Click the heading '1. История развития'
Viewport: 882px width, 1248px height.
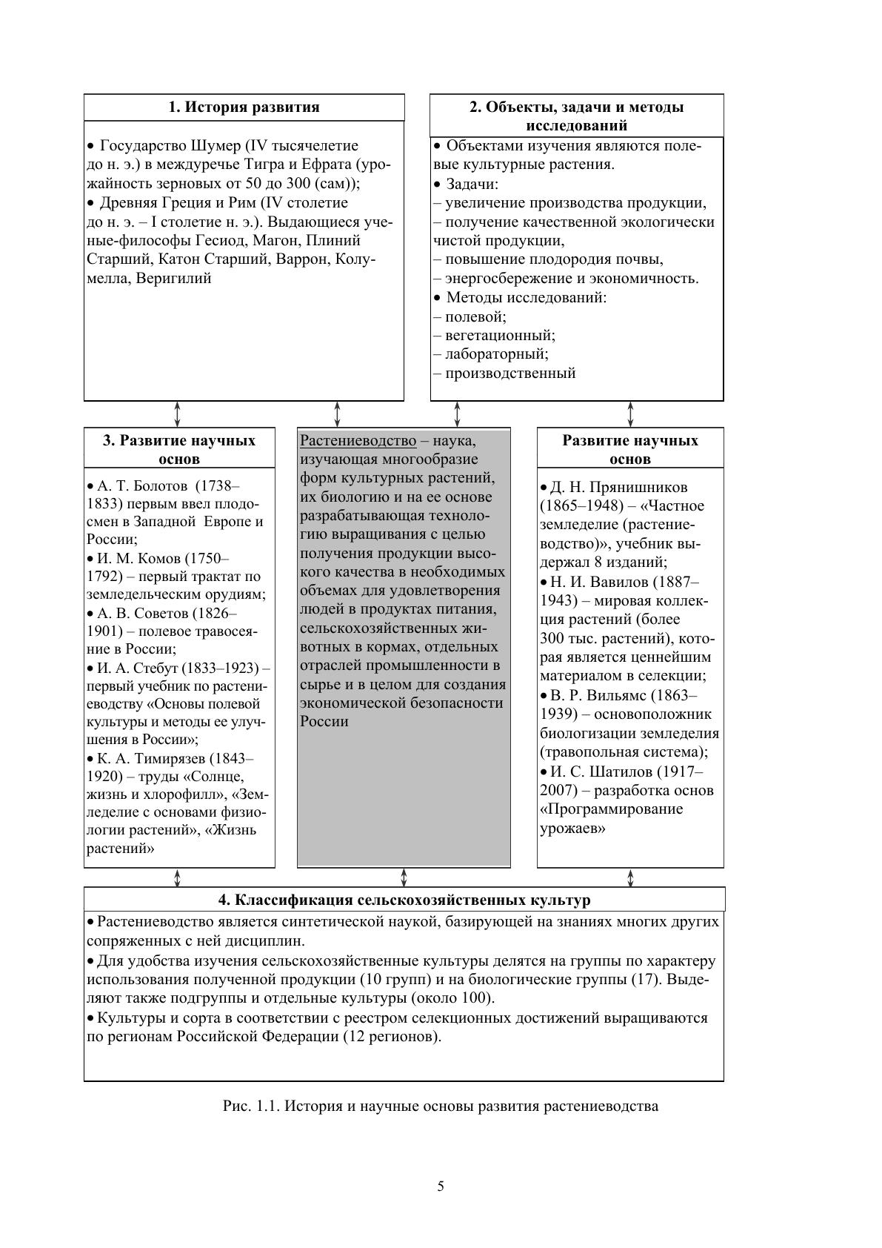(x=244, y=107)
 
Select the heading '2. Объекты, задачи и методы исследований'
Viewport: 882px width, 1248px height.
(x=576, y=116)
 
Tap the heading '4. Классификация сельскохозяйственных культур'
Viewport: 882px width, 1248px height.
(x=404, y=900)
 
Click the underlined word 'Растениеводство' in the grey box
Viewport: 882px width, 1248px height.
(x=358, y=441)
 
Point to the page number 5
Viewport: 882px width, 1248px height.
(x=441, y=1186)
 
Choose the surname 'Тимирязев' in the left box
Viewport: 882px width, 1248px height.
(x=169, y=759)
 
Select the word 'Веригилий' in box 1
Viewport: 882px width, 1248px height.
(x=174, y=279)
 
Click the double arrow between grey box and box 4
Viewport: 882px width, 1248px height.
(x=404, y=877)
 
